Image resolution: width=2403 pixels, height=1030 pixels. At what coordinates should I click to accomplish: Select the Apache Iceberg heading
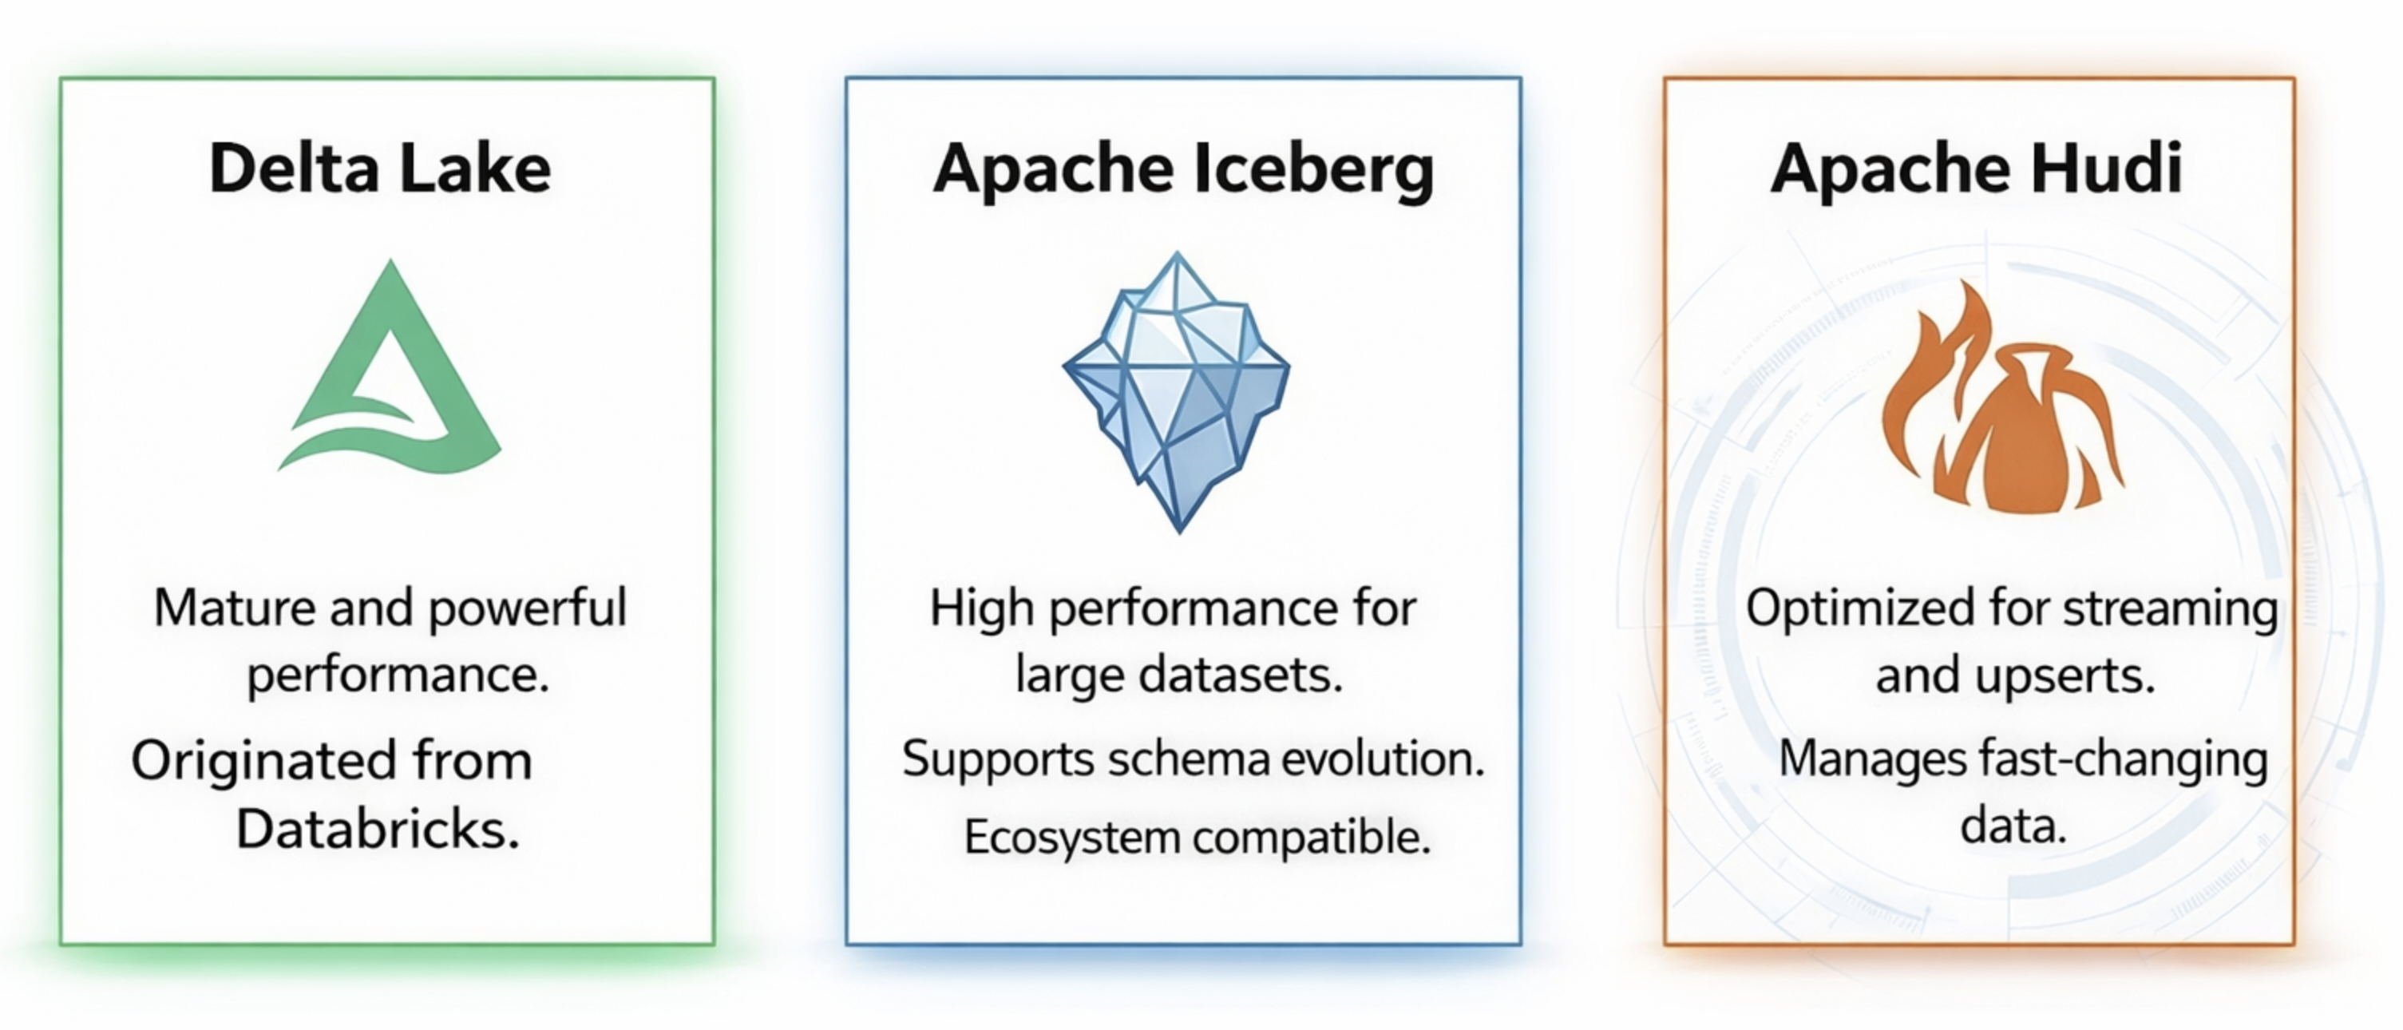(1183, 172)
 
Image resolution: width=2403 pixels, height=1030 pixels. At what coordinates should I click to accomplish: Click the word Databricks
(378, 827)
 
